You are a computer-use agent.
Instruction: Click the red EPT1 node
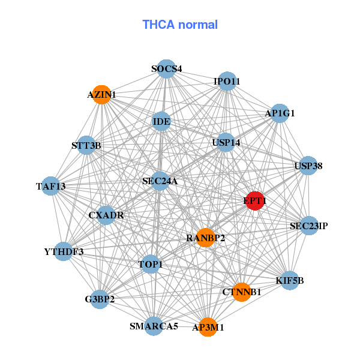pos(254,200)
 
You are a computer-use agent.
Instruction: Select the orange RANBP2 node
pos(206,238)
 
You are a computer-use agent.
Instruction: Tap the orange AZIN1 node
pos(102,95)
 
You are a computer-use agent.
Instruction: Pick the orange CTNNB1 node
pos(242,292)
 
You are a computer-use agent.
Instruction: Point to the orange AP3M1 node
pos(208,327)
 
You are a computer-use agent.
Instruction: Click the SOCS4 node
pos(166,69)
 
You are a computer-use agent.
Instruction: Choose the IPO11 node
pos(227,81)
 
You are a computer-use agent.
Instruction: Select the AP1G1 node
pos(280,113)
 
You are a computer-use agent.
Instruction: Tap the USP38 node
pos(308,166)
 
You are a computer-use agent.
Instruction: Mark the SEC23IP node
pos(309,226)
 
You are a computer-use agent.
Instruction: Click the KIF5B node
pos(290,280)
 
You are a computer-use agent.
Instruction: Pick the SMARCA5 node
pos(154,326)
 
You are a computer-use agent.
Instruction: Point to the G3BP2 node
pos(100,299)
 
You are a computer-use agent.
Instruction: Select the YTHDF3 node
pos(64,251)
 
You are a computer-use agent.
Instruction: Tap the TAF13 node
pos(51,186)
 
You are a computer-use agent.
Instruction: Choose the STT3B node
pos(86,145)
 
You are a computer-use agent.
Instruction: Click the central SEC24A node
pos(160,181)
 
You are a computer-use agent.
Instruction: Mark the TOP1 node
pos(151,264)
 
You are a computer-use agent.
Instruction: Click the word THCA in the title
pos(158,25)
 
